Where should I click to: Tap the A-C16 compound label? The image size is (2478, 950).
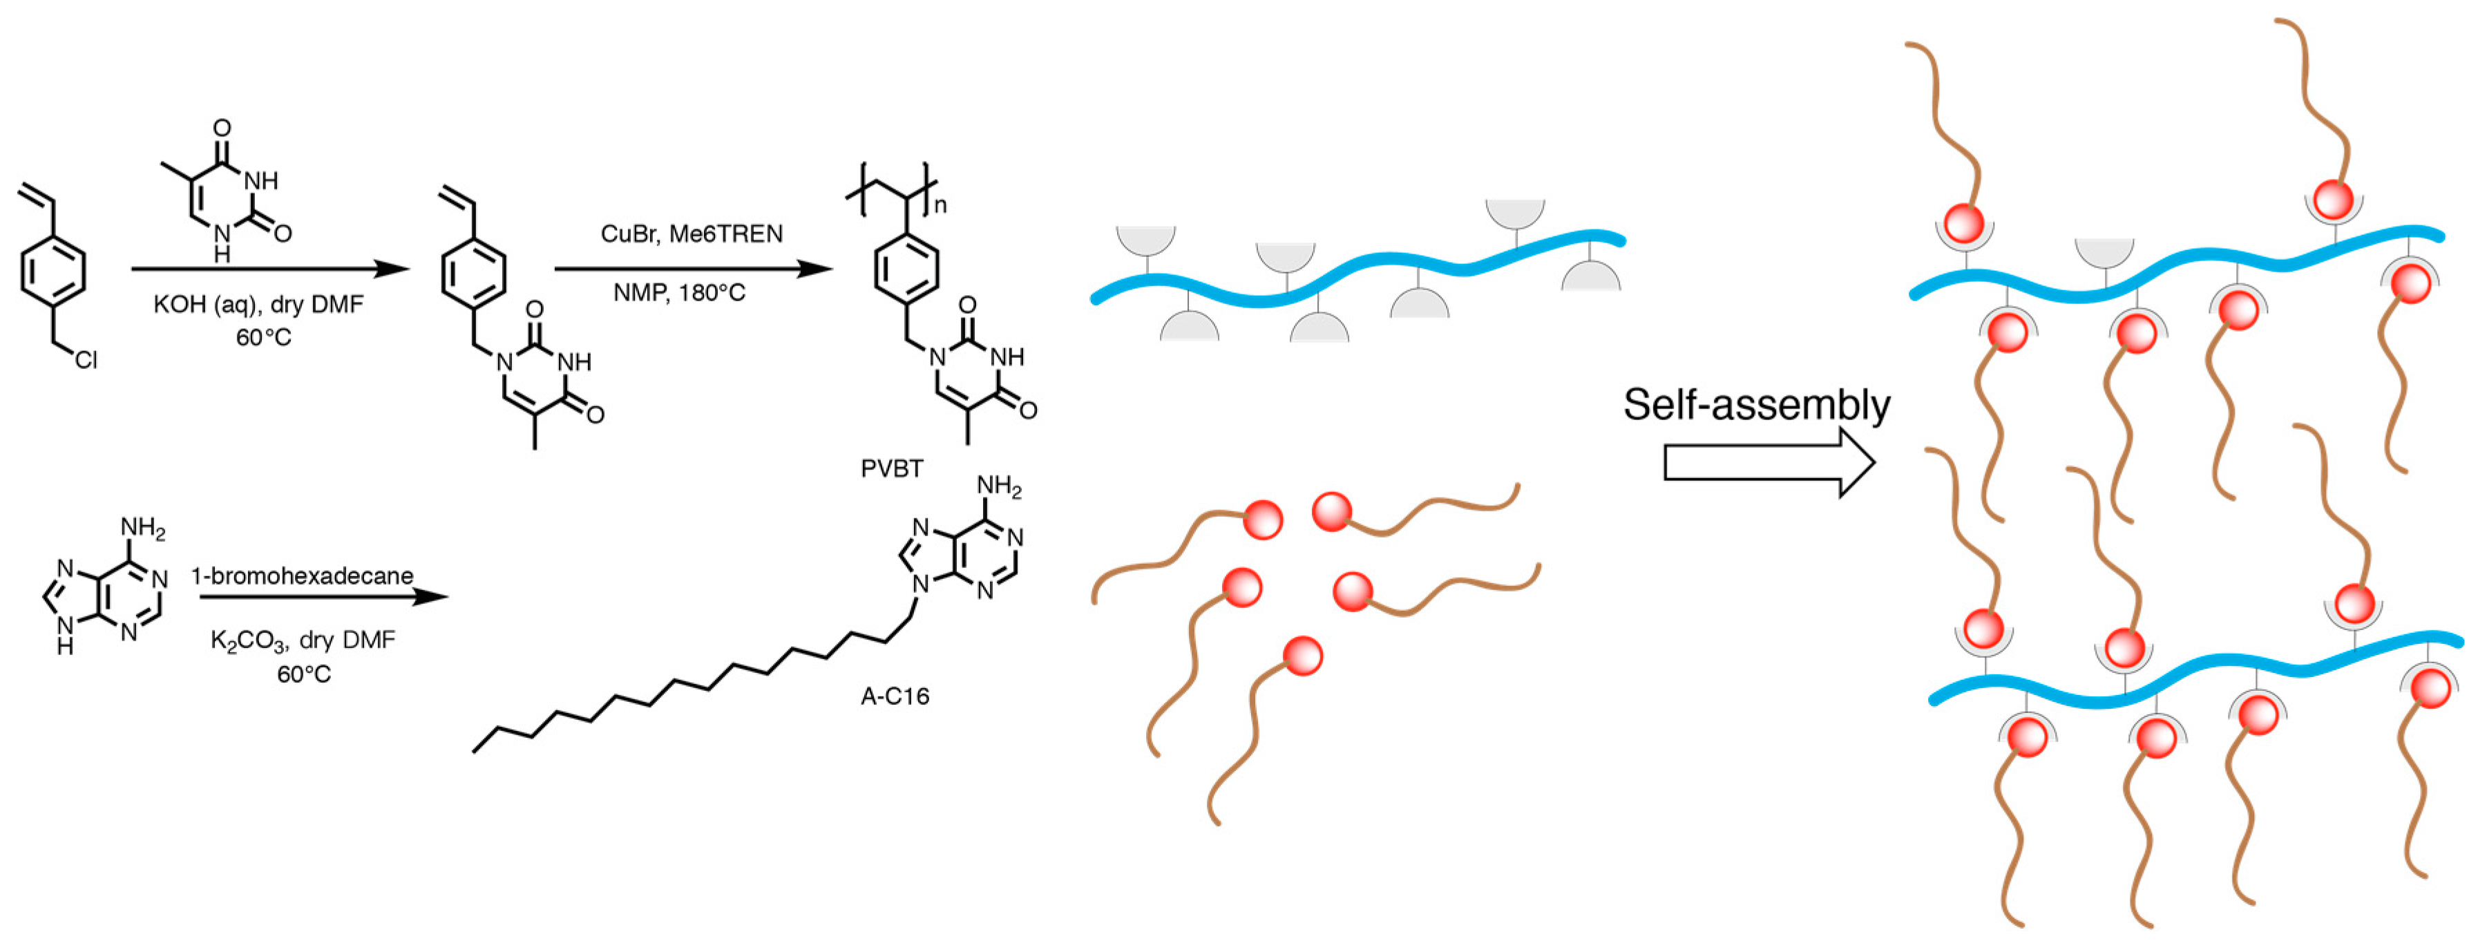tap(895, 696)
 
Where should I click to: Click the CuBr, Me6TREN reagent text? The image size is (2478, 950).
tap(692, 234)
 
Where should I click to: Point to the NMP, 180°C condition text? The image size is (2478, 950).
tap(679, 293)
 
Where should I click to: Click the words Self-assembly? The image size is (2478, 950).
tap(1757, 404)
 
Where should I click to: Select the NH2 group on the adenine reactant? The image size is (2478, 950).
tap(142, 529)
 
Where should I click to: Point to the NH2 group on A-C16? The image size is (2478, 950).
tap(998, 487)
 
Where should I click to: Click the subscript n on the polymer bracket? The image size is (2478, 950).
tap(940, 205)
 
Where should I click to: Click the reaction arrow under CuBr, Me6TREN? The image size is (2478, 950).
tap(693, 269)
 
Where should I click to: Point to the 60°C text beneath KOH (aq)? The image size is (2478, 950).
tap(263, 338)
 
